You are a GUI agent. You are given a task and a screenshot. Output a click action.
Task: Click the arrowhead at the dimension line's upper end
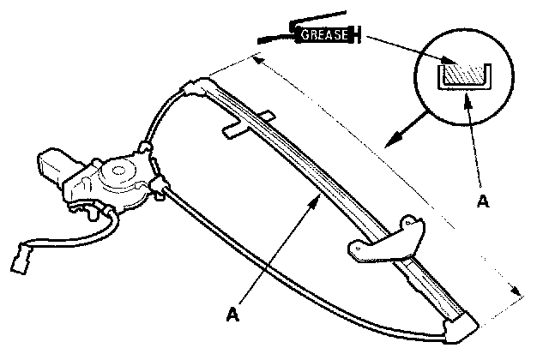point(256,58)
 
